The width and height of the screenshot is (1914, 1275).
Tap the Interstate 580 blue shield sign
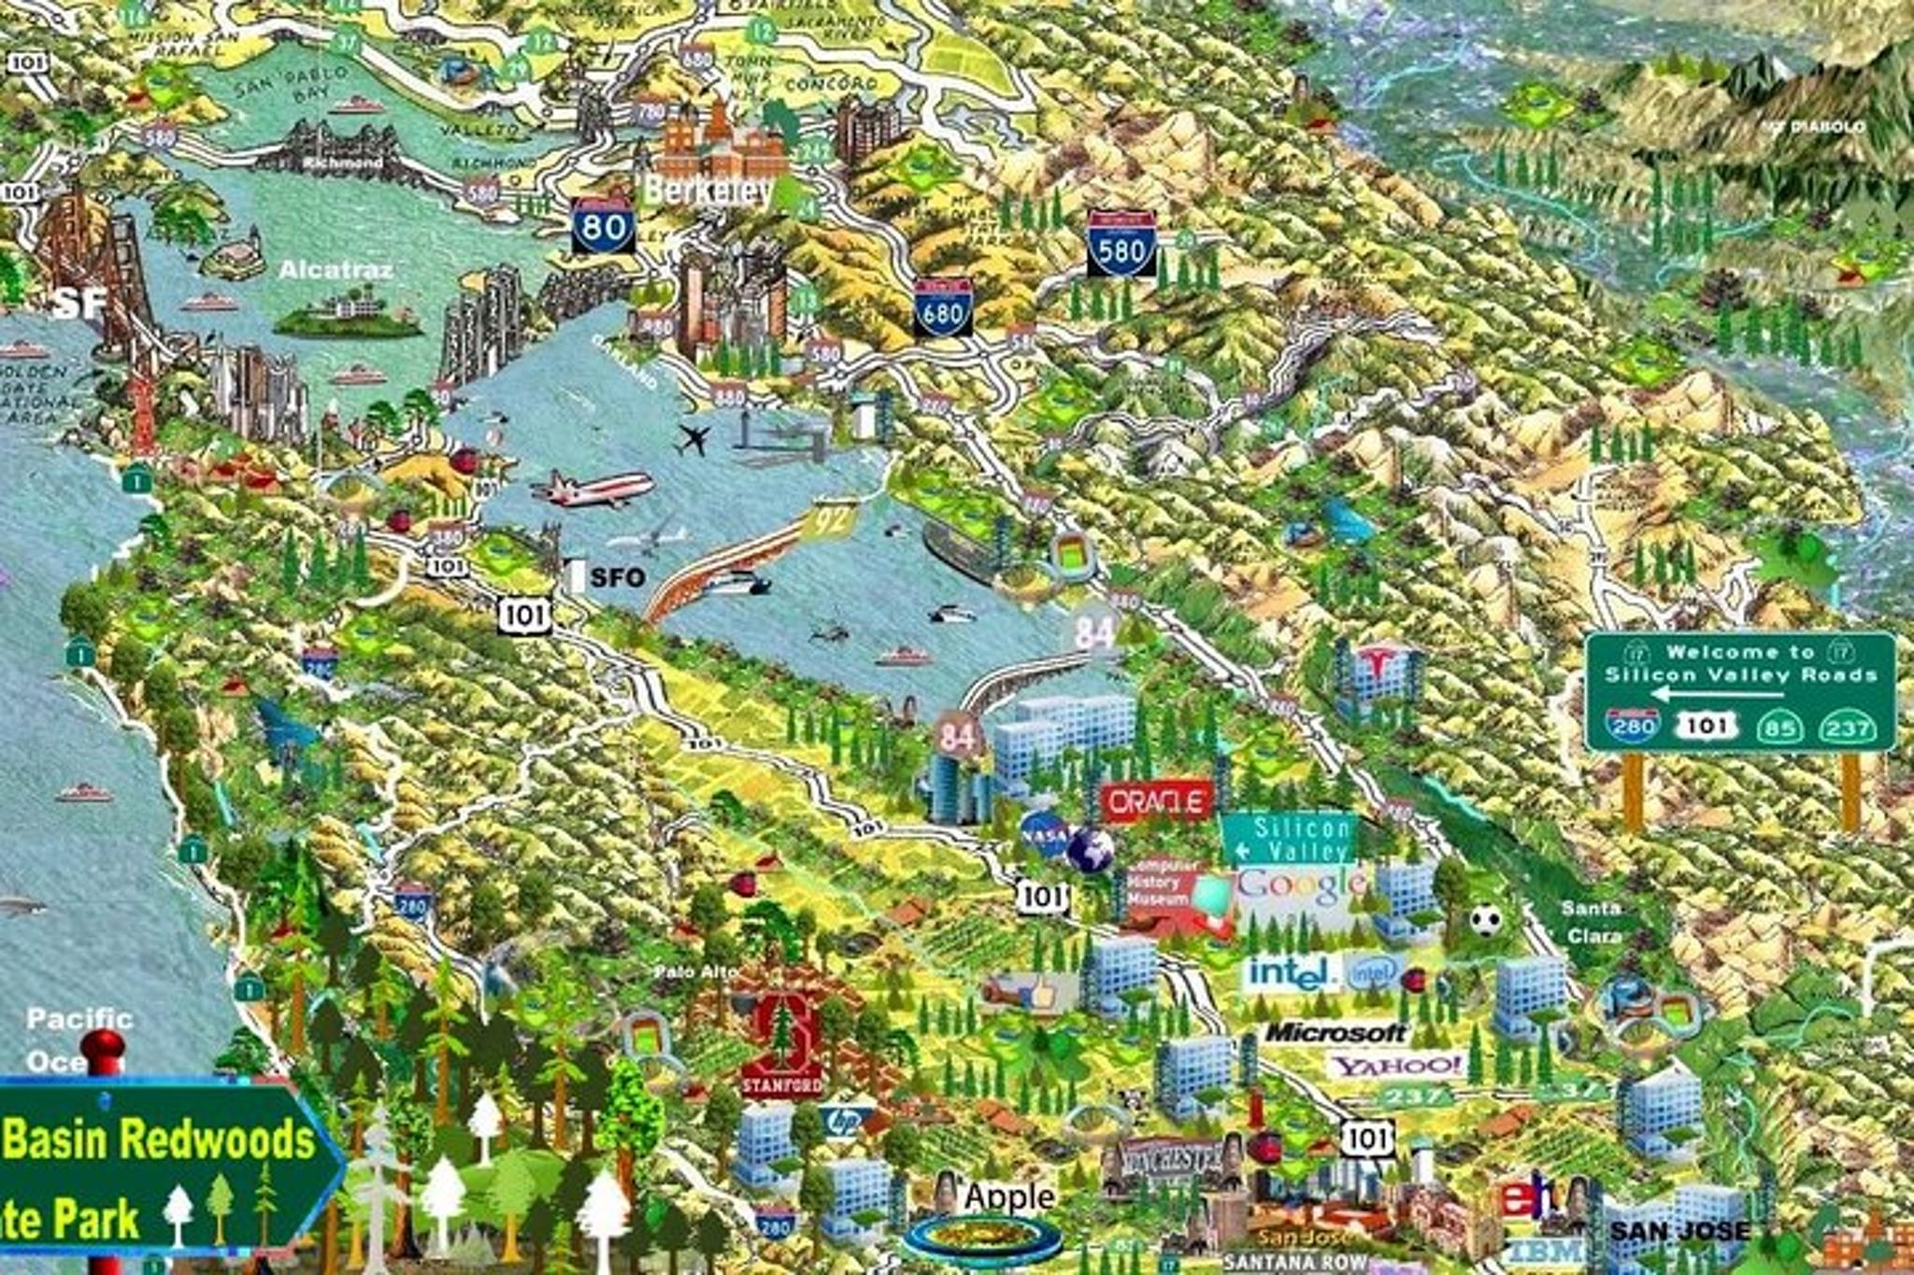click(x=1121, y=245)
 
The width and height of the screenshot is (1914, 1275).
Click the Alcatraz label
click(x=336, y=270)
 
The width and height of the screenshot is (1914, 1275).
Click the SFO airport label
click(x=617, y=577)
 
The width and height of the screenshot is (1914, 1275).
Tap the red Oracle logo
click(x=1157, y=801)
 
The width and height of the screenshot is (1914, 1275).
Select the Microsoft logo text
click(x=1336, y=1032)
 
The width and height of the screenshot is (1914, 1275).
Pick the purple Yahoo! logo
click(x=1397, y=1065)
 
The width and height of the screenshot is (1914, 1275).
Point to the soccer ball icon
click(x=1485, y=920)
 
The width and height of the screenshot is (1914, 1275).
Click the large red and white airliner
click(x=593, y=489)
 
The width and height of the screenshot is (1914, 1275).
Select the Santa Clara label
click(x=1592, y=921)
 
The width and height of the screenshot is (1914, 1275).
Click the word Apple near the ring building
click(x=1009, y=1197)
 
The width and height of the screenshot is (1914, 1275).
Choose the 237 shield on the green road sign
click(x=1848, y=729)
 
